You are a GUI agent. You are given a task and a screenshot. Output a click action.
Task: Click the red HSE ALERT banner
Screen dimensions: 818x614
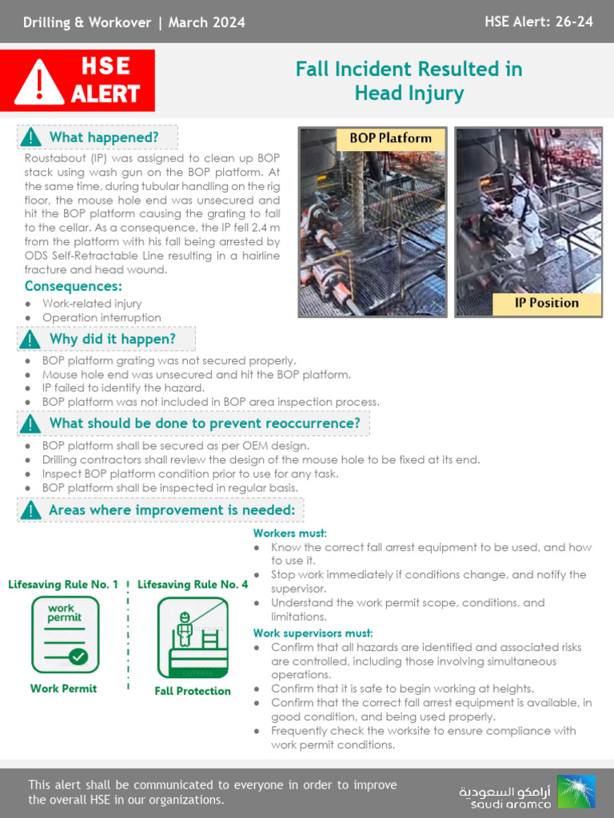(78, 80)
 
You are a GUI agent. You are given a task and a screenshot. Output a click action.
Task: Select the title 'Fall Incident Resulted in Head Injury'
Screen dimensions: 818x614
(409, 81)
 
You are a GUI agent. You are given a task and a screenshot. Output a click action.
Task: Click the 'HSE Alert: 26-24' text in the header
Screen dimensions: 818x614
(538, 22)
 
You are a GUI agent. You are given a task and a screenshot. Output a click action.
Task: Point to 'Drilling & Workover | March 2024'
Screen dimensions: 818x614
(134, 22)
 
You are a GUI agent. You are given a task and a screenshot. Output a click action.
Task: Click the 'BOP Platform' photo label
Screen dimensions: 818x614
(390, 138)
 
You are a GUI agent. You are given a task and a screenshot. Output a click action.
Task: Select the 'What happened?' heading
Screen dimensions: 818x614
(104, 137)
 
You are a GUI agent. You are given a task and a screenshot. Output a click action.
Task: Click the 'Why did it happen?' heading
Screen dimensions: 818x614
(112, 340)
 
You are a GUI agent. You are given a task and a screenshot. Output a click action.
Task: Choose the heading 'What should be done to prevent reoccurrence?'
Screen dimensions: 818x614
(204, 423)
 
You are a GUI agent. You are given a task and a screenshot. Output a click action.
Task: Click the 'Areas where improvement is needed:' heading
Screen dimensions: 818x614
(171, 510)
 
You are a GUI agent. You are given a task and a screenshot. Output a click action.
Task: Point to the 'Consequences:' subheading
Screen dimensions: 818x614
(74, 286)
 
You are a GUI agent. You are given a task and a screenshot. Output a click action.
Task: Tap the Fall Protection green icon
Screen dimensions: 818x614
(193, 638)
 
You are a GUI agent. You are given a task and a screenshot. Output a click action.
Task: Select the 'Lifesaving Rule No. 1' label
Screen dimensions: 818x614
(63, 585)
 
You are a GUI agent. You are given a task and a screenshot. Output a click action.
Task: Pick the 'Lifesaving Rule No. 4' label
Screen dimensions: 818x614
(193, 585)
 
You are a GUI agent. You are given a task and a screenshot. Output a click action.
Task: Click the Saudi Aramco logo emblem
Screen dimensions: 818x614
(576, 792)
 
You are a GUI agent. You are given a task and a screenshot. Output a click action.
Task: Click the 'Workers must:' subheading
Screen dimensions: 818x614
(290, 533)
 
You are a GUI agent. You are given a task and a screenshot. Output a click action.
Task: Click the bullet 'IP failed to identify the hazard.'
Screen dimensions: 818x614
(123, 388)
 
